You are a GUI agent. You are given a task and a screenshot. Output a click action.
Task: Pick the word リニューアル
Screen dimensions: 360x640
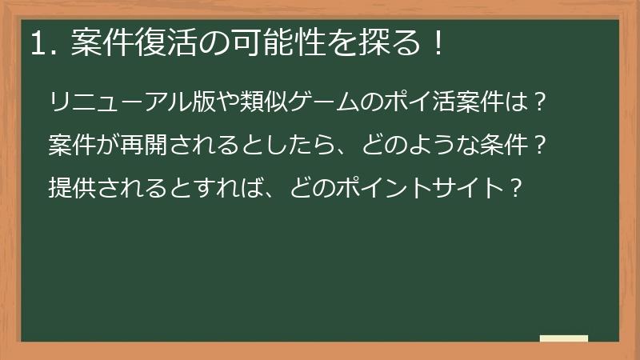110,104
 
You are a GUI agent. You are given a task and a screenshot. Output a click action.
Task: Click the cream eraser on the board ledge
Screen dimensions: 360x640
563,338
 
